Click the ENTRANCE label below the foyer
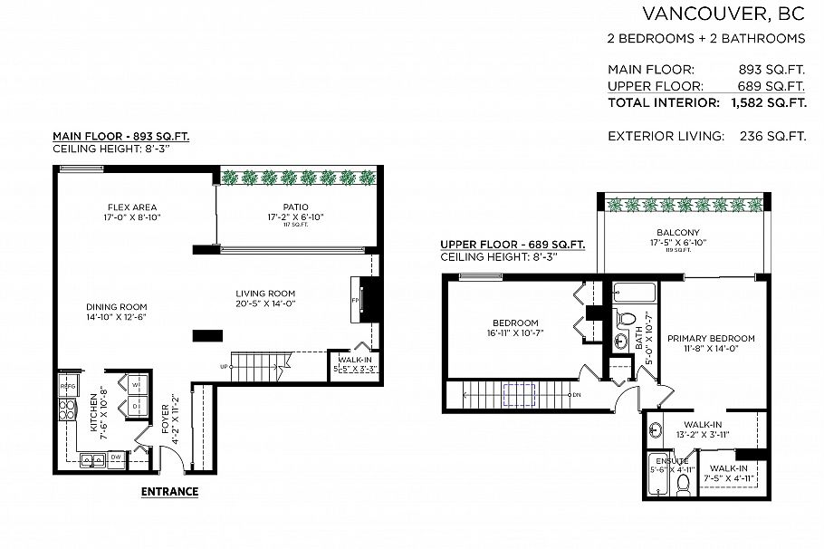[x=169, y=492]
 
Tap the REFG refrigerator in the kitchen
[x=67, y=387]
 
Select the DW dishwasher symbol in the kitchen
[x=116, y=458]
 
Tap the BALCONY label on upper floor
[x=684, y=233]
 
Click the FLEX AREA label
[x=132, y=207]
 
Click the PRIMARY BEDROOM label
[x=711, y=339]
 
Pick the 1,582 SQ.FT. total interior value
[x=769, y=102]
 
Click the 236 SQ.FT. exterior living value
[x=772, y=136]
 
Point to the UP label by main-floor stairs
[x=223, y=367]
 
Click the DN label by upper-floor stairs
[x=577, y=394]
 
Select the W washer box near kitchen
[x=136, y=385]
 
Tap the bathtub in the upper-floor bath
[x=634, y=294]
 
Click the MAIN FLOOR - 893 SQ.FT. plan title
[x=120, y=137]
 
